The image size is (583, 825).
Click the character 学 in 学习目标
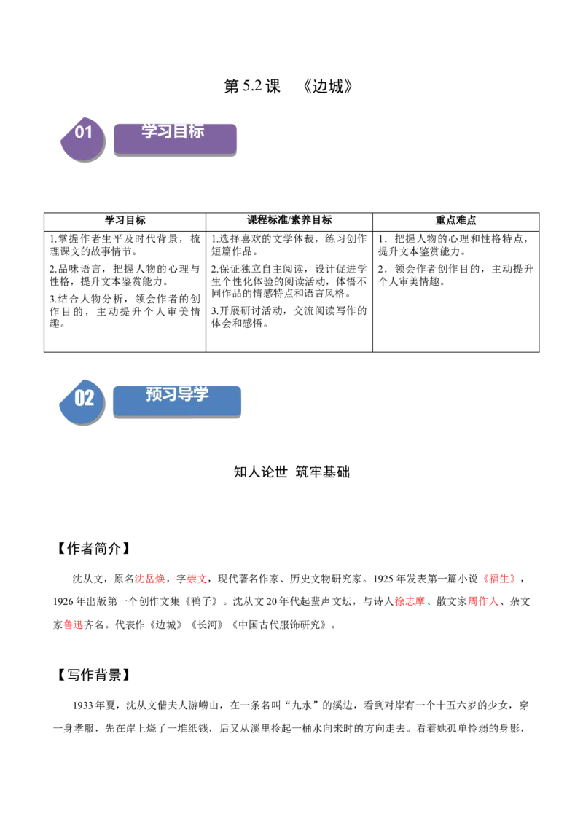pyautogui.click(x=149, y=131)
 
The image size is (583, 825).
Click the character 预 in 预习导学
pyautogui.click(x=154, y=394)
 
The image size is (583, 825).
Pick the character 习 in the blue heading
pyautogui.click(x=170, y=394)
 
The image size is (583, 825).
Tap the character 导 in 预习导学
pyautogui.click(x=186, y=394)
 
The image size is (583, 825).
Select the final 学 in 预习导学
pyautogui.click(x=201, y=394)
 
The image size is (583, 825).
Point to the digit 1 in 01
pyautogui.click(x=89, y=132)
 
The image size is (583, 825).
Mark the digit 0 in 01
pyautogui.click(x=79, y=132)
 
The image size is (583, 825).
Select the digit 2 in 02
pyautogui.click(x=90, y=398)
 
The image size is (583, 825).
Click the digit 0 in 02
pyautogui.click(x=79, y=398)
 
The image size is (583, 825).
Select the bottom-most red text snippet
pyautogui.click(x=73, y=625)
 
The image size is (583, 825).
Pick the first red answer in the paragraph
pyautogui.click(x=151, y=579)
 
